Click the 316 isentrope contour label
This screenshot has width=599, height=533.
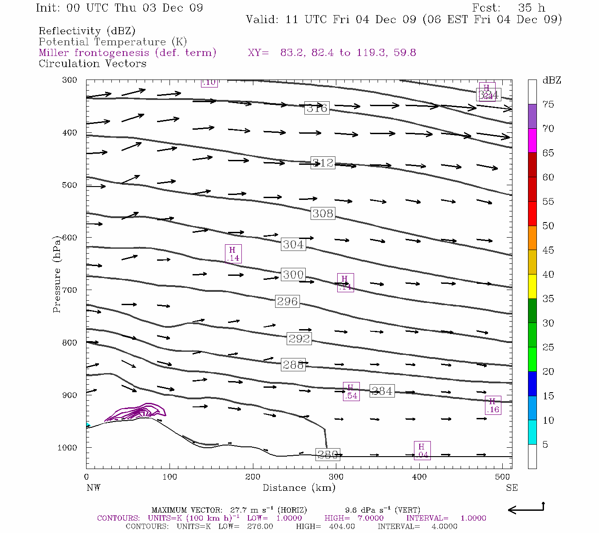click(317, 108)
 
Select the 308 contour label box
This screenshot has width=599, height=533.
click(323, 213)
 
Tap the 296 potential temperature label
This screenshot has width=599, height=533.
click(287, 301)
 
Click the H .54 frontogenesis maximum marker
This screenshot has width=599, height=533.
click(351, 391)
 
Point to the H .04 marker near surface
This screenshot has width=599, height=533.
click(422, 450)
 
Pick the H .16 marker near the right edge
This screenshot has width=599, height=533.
click(493, 405)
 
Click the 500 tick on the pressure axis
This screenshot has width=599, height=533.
click(70, 185)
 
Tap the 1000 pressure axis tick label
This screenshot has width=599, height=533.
click(67, 448)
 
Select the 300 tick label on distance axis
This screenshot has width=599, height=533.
click(336, 477)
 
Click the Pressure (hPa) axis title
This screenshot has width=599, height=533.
click(57, 274)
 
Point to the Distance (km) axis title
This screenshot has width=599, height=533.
click(299, 488)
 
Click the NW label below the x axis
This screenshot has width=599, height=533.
click(93, 488)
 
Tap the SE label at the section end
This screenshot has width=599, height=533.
click(512, 488)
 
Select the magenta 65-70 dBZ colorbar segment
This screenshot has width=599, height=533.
click(532, 140)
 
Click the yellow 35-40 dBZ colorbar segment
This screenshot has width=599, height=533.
click(532, 286)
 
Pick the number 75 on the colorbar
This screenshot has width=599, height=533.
click(548, 104)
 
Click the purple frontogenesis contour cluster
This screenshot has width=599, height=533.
click(135, 412)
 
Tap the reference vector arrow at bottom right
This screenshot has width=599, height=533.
click(526, 509)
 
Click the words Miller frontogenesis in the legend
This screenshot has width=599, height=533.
click(94, 53)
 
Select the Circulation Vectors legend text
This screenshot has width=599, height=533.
click(92, 64)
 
